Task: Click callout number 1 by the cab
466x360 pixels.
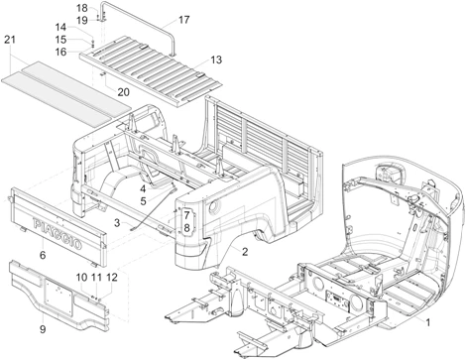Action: click(x=427, y=324)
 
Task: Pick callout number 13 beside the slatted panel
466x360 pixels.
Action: click(x=216, y=60)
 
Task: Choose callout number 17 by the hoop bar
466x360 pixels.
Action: click(x=184, y=19)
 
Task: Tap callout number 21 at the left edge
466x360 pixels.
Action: click(x=10, y=39)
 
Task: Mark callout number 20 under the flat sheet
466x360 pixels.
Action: click(x=123, y=92)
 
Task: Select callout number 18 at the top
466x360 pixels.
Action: click(x=82, y=7)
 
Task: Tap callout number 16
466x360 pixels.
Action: click(x=88, y=52)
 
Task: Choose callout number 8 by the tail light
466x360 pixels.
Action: click(x=186, y=228)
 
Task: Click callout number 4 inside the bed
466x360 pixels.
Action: click(x=143, y=187)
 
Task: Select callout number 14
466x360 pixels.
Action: click(x=88, y=28)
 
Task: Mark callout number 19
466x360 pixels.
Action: click(x=82, y=19)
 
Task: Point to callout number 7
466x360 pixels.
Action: click(x=186, y=215)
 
